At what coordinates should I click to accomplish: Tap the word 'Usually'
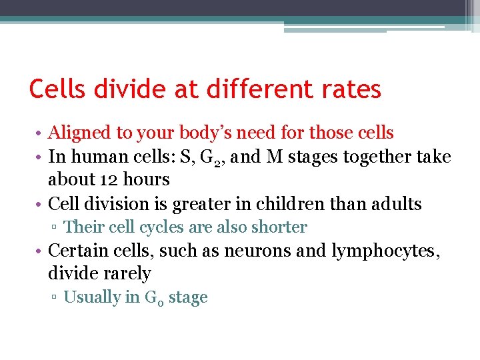pos(92,297)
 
